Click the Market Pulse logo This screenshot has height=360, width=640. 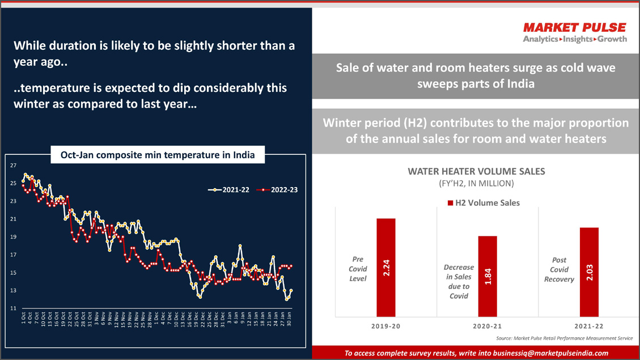point(574,32)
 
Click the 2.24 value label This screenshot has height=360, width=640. point(386,268)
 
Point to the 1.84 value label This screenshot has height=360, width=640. point(488,276)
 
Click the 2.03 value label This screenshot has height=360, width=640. point(589,272)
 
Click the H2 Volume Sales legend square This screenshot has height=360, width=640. point(451,203)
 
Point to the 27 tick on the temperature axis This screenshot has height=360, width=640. point(13,166)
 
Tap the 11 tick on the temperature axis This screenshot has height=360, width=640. point(13,308)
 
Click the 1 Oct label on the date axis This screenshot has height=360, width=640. point(23,317)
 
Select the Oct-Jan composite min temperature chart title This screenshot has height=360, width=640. point(158,155)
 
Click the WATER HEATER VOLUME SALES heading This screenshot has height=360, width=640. point(476,171)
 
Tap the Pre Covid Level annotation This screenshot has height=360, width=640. point(358,269)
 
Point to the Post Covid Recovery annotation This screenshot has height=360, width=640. point(559,269)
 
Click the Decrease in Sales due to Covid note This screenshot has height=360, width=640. point(459,281)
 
